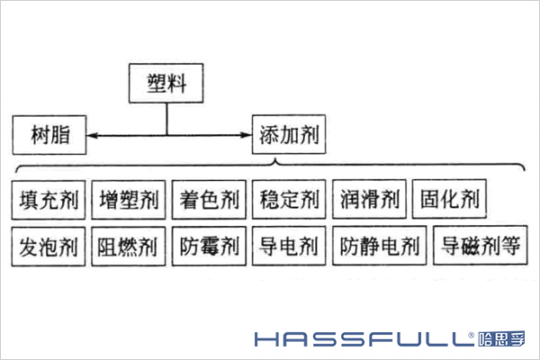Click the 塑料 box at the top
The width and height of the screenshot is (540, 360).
click(x=166, y=85)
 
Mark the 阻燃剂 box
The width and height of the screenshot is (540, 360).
click(x=128, y=246)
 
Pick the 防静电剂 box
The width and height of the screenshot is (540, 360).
click(x=380, y=246)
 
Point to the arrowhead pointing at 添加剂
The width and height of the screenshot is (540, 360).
click(x=245, y=136)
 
